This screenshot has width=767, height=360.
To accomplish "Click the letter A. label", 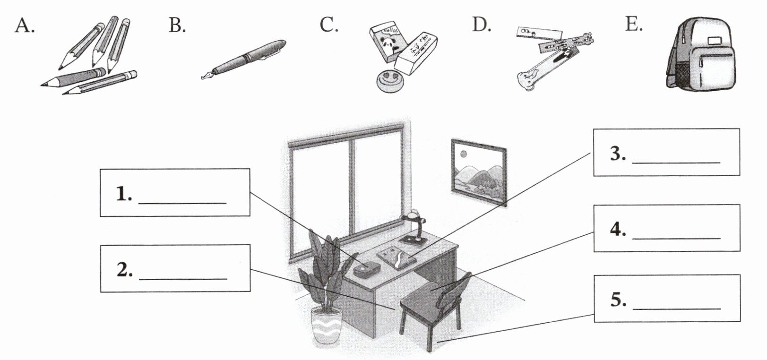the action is pyautogui.click(x=24, y=26).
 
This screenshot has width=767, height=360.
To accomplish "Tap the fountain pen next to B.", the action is pyautogui.click(x=243, y=60).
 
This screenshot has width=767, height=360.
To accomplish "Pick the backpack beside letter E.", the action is pyautogui.click(x=700, y=54).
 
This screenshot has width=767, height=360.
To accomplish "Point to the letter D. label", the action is pyautogui.click(x=482, y=25).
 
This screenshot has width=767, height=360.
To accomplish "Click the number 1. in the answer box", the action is pyautogui.click(x=124, y=194).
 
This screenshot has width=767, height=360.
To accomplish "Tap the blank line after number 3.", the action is pyautogui.click(x=676, y=163).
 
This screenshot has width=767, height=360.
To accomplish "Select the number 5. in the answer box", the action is pyautogui.click(x=619, y=300).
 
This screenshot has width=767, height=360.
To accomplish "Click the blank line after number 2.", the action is pyautogui.click(x=183, y=279).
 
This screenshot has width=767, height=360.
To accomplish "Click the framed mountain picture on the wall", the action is pyautogui.click(x=479, y=172).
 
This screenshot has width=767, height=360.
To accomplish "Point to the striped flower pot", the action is pyautogui.click(x=326, y=325).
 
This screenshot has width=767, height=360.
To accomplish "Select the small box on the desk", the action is pyautogui.click(x=367, y=269).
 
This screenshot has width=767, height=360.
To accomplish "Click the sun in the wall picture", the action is pyautogui.click(x=464, y=154).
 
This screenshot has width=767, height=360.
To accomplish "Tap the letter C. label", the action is pyautogui.click(x=329, y=25).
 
